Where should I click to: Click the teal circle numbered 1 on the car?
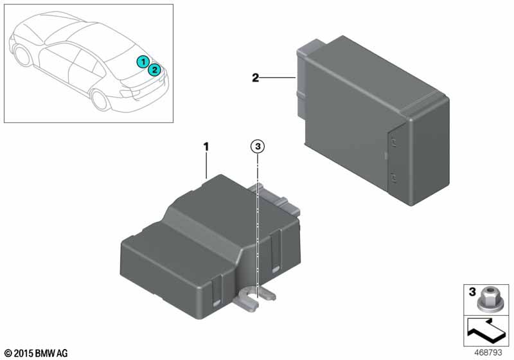click(143, 62)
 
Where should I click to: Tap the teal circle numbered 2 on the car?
click(154, 69)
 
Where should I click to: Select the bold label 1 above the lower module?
click(206, 147)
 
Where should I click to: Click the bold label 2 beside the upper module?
click(255, 78)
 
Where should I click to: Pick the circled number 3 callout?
click(258, 146)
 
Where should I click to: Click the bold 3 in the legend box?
click(472, 291)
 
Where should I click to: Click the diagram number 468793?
click(488, 353)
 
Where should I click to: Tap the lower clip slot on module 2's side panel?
click(393, 178)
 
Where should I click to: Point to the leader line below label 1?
click(206, 166)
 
